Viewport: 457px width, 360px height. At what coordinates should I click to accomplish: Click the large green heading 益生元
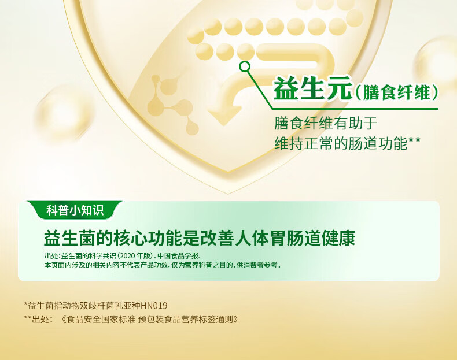312,88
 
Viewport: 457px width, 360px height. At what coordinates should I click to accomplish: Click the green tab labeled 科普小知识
75,210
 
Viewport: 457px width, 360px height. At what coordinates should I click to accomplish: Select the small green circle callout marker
245,66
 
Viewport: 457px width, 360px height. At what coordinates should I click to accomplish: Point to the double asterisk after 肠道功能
414,140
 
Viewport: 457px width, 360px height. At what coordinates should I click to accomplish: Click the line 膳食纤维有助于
326,123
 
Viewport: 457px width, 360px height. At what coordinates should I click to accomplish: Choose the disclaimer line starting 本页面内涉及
163,265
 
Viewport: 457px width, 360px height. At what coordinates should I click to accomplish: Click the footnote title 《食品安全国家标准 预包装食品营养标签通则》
150,320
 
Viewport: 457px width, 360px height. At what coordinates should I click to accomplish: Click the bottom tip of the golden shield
228,192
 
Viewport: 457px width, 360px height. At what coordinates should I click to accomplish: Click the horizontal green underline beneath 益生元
355,109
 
